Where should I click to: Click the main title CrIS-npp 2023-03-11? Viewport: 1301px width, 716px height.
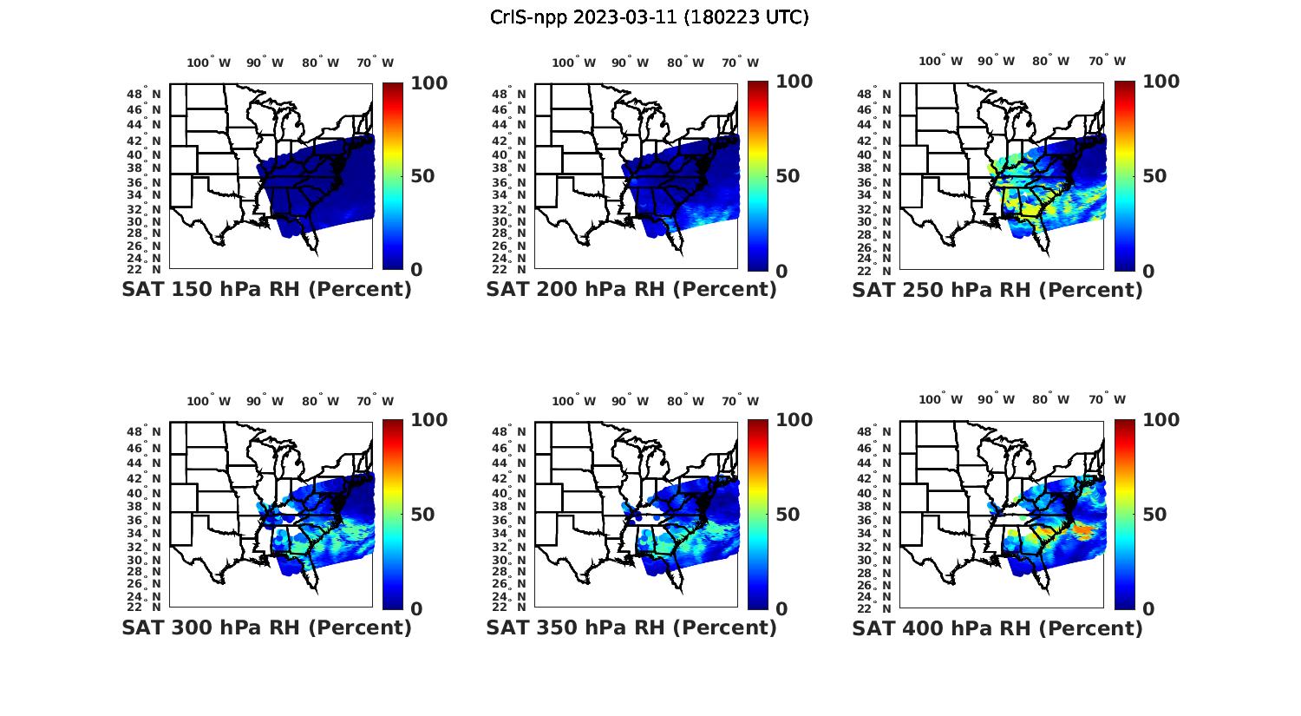click(649, 17)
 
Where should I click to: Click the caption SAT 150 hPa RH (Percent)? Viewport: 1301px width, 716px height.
click(266, 290)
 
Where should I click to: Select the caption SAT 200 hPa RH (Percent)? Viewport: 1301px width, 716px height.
click(631, 290)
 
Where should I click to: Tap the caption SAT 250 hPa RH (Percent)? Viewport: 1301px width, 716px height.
click(997, 290)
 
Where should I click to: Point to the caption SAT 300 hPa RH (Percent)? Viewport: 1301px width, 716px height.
click(266, 627)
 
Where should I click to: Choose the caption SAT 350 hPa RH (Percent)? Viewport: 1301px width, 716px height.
click(631, 627)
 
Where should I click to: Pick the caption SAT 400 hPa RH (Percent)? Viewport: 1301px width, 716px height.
click(997, 627)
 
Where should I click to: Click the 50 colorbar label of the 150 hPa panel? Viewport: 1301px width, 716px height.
click(422, 176)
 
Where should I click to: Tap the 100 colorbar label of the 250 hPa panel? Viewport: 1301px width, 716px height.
click(1160, 82)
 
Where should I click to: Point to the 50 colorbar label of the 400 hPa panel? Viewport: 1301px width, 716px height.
click(1154, 515)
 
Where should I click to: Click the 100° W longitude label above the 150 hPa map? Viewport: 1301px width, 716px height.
click(209, 62)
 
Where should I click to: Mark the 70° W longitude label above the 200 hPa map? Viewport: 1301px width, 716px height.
click(740, 62)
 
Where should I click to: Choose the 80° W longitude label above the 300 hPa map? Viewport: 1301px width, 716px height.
click(315, 401)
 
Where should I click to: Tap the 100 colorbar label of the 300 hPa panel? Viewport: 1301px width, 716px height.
click(428, 420)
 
